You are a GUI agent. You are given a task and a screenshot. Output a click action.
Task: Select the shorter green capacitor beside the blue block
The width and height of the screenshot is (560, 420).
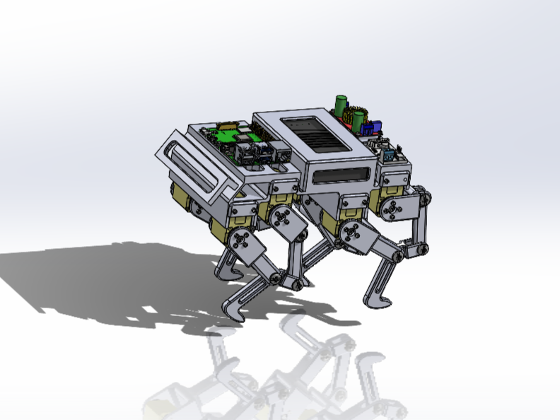(x=358, y=118)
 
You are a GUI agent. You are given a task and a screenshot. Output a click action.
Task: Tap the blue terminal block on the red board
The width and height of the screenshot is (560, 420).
(x=368, y=127)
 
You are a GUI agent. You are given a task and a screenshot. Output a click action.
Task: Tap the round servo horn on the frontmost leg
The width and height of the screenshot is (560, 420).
(x=242, y=240)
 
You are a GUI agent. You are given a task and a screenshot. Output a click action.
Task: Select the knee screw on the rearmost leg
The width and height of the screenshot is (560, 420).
(x=422, y=247)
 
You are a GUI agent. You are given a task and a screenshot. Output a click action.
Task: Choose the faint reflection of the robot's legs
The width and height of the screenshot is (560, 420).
(x=297, y=375)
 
